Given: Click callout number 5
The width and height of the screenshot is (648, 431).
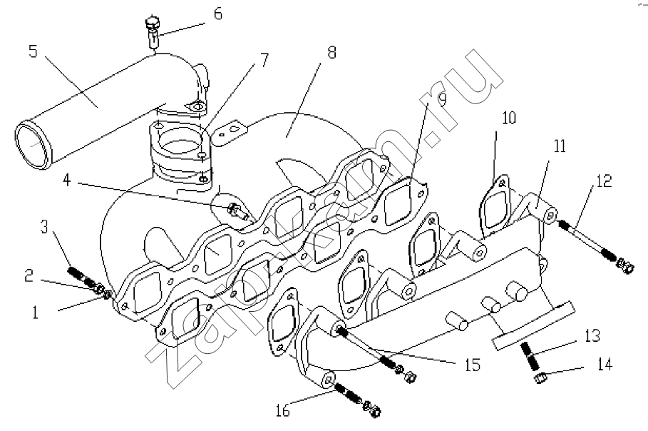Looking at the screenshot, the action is click(x=33, y=51).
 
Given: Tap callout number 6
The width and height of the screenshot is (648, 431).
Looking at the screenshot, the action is click(x=218, y=14).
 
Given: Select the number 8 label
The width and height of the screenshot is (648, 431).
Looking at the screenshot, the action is click(x=331, y=53).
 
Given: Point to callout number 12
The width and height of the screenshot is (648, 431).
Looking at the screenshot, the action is click(x=604, y=181).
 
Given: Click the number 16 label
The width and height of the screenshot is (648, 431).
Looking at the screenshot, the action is click(x=283, y=411).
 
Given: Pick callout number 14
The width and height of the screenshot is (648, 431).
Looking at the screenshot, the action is click(x=605, y=365).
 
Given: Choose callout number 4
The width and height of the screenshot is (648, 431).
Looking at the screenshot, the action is click(x=66, y=181).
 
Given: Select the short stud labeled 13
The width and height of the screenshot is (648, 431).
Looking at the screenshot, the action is click(x=529, y=357).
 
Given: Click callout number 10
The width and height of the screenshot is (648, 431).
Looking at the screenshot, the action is click(x=509, y=118).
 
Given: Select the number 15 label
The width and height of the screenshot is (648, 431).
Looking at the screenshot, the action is click(x=473, y=365).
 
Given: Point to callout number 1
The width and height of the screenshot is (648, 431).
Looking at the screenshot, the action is click(x=36, y=312).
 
